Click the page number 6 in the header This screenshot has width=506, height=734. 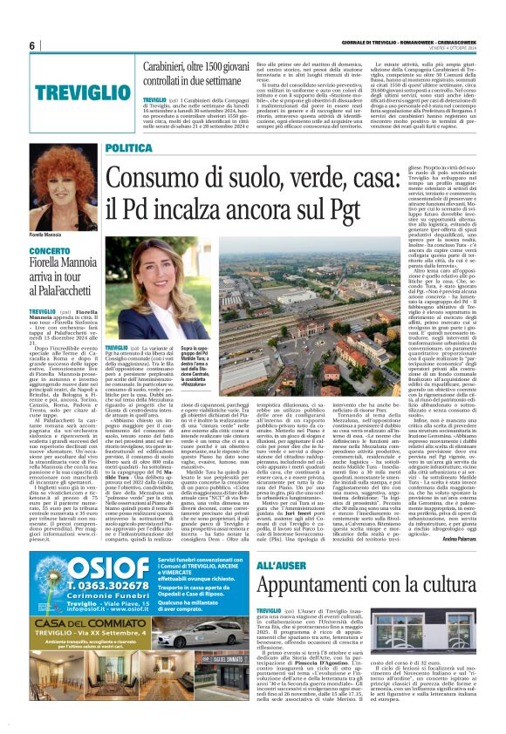(x=9, y=45)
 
